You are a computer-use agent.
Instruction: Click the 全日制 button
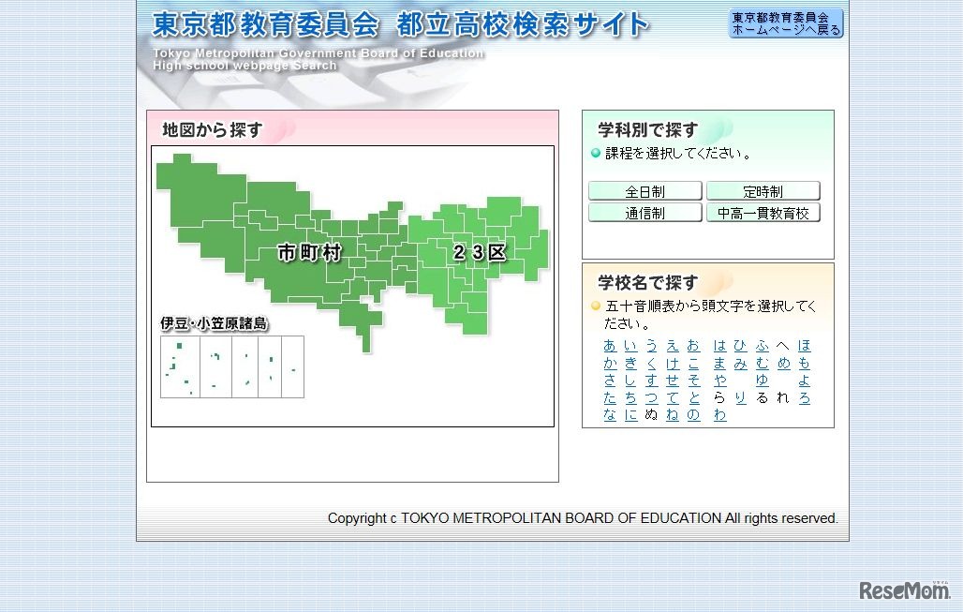coord(644,191)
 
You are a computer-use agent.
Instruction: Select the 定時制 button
coord(763,191)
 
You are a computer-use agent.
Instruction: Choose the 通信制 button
coord(644,213)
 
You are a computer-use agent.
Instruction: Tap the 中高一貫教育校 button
coord(763,213)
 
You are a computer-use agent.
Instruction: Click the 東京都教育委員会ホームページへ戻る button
coord(786,23)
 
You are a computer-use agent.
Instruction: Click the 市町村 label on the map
coord(310,252)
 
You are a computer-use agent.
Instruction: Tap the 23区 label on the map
coord(480,252)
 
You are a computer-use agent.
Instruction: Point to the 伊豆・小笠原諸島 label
coord(214,323)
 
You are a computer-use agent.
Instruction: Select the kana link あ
coord(610,346)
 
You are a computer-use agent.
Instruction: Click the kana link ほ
coord(804,346)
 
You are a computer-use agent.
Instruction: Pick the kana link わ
coord(719,415)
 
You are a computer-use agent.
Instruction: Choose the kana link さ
coord(610,381)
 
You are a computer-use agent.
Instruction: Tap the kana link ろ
coord(804,397)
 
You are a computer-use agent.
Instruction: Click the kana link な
coord(610,415)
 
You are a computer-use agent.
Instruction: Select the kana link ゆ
coord(762,381)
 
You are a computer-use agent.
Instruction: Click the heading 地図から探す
coord(212,130)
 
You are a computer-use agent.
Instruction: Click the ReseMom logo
coord(904,590)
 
